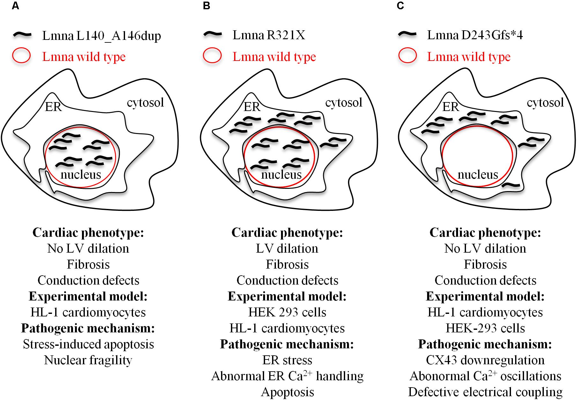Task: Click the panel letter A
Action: click(15, 6)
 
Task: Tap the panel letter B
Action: click(206, 6)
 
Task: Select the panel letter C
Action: click(400, 6)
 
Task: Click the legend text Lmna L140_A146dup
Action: click(101, 36)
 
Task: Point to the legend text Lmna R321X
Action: click(269, 35)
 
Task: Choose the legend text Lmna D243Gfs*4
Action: click(475, 35)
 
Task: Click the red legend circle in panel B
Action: click(212, 56)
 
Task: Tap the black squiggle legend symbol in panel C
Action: click(408, 34)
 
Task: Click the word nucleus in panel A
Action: click(81, 174)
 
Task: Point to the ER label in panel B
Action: click(252, 107)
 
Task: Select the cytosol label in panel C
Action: click(545, 102)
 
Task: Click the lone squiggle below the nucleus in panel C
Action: click(511, 185)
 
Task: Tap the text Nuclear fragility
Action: click(88, 360)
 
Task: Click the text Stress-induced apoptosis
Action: click(88, 344)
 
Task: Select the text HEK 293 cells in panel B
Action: click(287, 312)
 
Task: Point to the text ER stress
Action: click(287, 360)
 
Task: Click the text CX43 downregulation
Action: click(485, 360)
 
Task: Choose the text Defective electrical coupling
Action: click(485, 392)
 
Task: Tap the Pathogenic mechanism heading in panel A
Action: click(88, 328)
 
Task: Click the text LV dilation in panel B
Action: click(287, 248)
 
